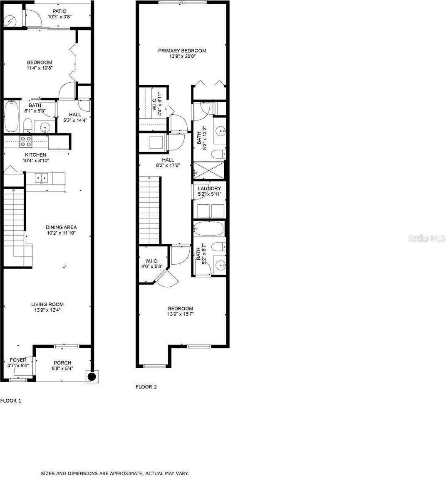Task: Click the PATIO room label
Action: pyautogui.click(x=59, y=11)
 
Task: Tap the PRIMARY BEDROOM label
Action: pyautogui.click(x=182, y=51)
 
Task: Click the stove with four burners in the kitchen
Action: pyautogui.click(x=26, y=142)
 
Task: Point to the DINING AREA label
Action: pyautogui.click(x=61, y=227)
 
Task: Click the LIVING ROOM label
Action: pyautogui.click(x=49, y=304)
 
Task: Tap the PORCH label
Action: pyautogui.click(x=62, y=363)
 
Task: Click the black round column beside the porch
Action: pyautogui.click(x=92, y=377)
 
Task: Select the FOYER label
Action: pyautogui.click(x=18, y=360)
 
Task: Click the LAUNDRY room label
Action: pyautogui.click(x=209, y=189)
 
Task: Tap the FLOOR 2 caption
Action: pyautogui.click(x=146, y=387)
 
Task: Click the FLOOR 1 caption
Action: pyautogui.click(x=10, y=401)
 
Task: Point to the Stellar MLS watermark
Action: pyautogui.click(x=427, y=238)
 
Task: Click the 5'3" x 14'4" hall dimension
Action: pyautogui.click(x=75, y=120)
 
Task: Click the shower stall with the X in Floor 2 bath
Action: pyautogui.click(x=209, y=170)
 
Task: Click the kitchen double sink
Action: pyautogui.click(x=42, y=179)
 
